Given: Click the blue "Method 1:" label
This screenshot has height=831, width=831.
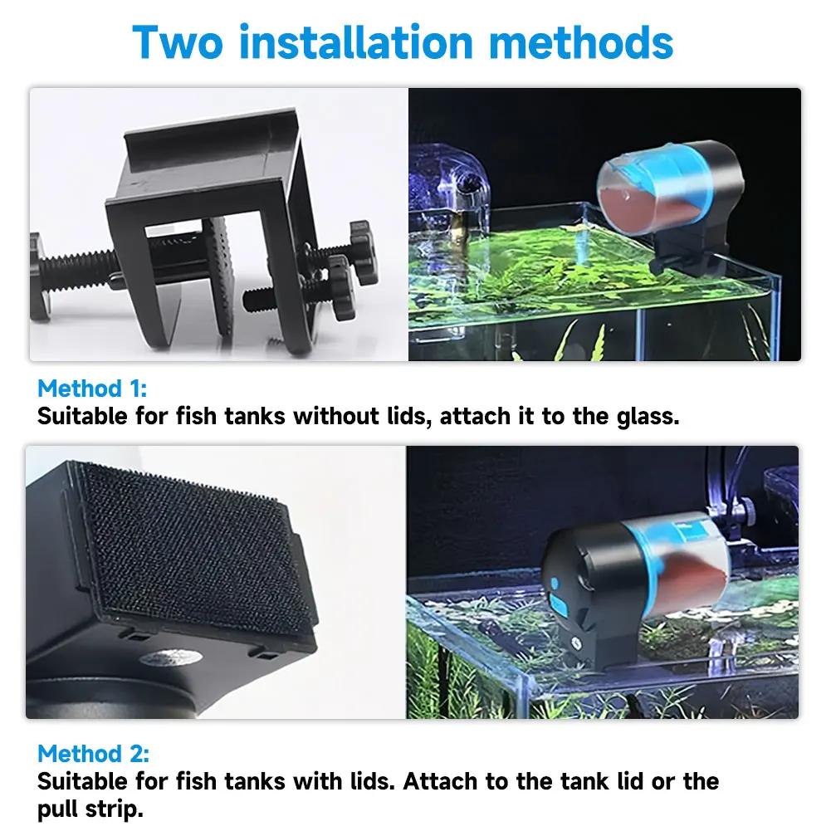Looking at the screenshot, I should click(x=91, y=389).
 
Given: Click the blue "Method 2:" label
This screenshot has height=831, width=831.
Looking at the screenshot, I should click(x=93, y=754).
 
